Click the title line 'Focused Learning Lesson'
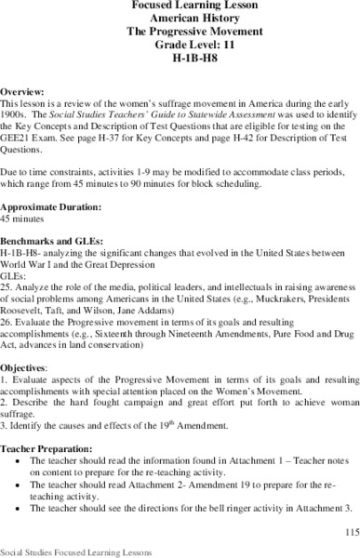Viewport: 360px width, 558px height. click(179, 6)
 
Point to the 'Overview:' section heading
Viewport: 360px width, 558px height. click(23, 95)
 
